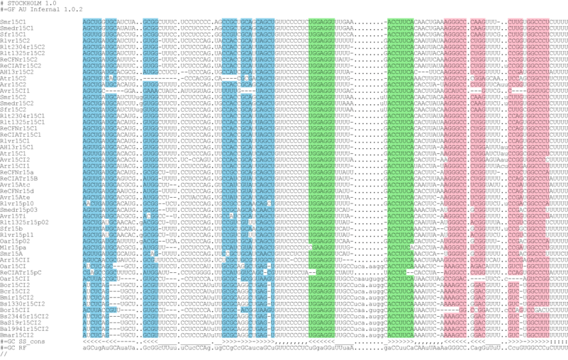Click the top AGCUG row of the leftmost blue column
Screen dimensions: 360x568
pos(92,22)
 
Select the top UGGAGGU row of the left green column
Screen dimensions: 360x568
pos(321,22)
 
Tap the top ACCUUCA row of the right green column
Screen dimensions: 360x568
pos(401,22)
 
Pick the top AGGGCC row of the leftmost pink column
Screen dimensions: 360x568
pos(455,22)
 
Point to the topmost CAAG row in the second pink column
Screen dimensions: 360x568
pos(477,22)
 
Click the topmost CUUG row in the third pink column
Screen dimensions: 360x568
pos(515,22)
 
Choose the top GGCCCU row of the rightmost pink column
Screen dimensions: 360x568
pos(538,22)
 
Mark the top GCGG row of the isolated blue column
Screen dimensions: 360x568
pos(150,22)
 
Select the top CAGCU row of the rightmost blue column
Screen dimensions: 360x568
pos(265,22)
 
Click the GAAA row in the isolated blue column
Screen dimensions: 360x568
pos(150,91)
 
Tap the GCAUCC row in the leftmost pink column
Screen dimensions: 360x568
pos(455,91)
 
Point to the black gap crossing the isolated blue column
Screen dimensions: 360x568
pos(150,75)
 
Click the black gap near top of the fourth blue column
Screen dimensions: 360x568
pos(229,76)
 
